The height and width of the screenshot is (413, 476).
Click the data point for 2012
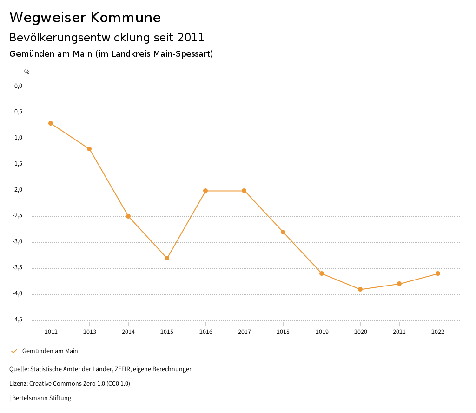point(51,123)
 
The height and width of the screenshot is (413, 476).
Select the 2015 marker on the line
point(167,258)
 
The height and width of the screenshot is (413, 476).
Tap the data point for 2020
point(360,289)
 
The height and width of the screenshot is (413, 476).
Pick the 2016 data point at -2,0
point(205,191)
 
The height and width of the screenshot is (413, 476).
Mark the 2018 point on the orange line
point(283,232)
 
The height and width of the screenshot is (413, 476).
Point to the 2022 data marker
point(438,273)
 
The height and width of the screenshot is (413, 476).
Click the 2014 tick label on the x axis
point(128,332)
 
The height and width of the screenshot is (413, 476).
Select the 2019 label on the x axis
point(322,332)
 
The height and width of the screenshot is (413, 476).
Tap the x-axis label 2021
point(399,332)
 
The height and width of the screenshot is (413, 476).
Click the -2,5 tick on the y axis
point(18,216)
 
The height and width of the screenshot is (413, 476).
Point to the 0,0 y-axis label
point(19,86)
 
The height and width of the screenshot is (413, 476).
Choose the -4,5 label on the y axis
point(18,320)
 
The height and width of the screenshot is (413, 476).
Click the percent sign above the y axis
point(27,72)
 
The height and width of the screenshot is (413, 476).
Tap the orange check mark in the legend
point(14,351)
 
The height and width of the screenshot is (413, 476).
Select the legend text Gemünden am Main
point(50,351)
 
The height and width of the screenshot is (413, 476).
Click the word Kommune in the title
point(126,18)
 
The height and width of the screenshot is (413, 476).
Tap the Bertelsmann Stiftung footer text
point(41,398)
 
